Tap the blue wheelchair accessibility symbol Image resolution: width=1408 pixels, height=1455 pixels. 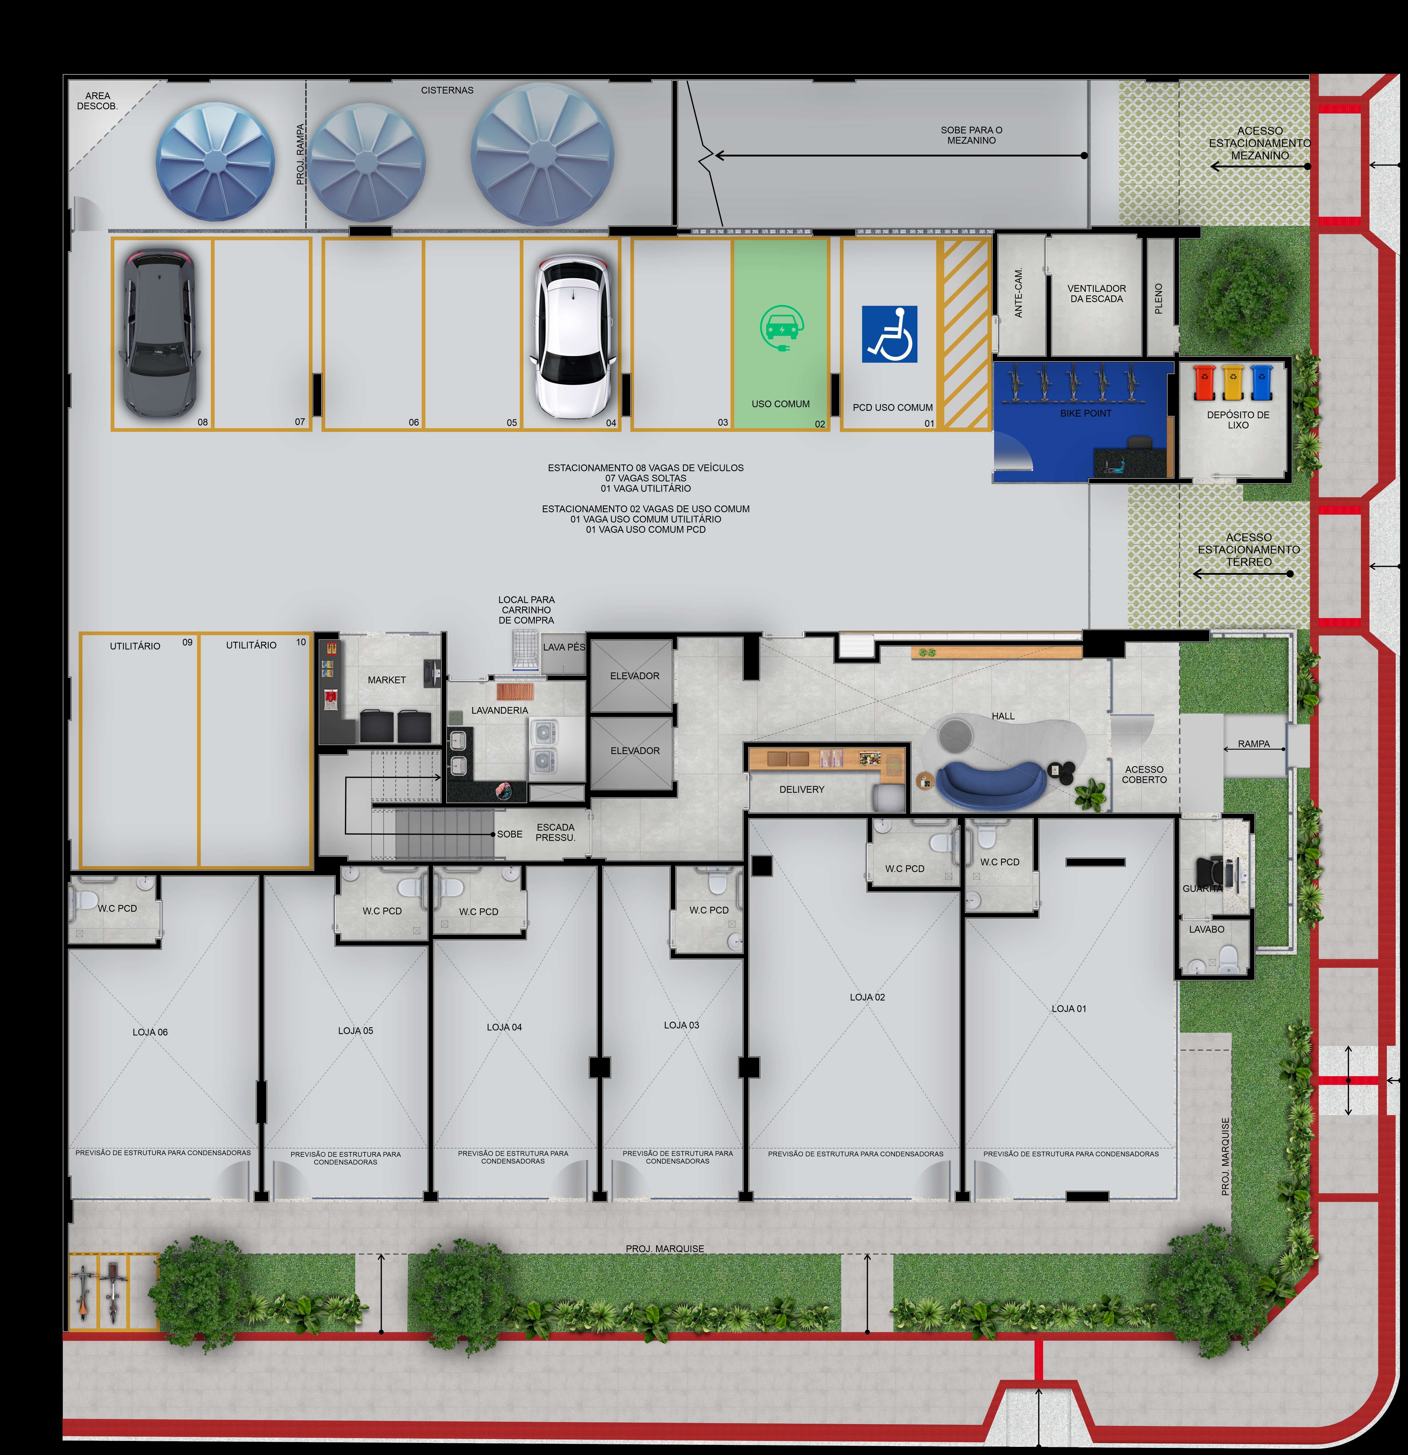(889, 334)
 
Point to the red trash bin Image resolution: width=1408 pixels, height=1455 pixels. (1204, 382)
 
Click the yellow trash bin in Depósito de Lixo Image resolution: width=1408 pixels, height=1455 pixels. (1233, 382)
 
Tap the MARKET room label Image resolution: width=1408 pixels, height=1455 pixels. (387, 680)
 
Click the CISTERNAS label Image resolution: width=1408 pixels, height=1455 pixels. (447, 91)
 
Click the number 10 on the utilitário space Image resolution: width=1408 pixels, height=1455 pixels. (300, 642)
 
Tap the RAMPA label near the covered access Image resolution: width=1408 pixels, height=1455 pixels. (1254, 744)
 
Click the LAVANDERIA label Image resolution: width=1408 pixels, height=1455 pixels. (500, 710)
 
